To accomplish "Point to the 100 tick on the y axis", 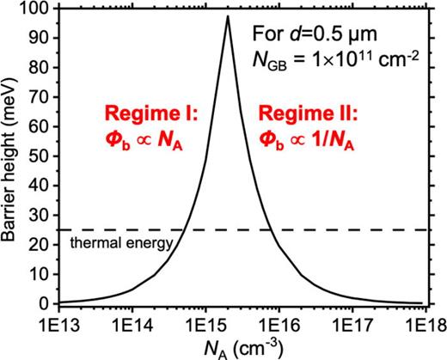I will (42, 9).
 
